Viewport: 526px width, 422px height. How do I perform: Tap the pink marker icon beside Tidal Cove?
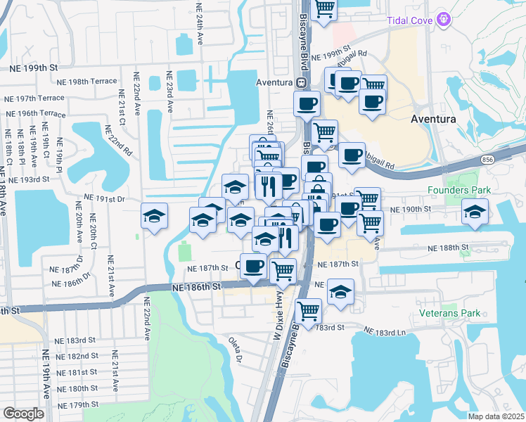click(443, 18)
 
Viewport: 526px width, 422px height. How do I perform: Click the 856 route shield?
click(487, 161)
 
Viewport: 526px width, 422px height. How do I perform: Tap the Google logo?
click(23, 414)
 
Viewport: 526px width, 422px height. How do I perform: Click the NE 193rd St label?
click(30, 180)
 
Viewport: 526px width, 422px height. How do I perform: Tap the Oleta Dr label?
click(235, 349)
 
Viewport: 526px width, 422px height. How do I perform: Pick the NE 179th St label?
click(78, 404)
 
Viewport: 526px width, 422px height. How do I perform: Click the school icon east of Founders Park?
click(475, 212)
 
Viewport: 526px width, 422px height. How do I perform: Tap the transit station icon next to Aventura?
click(300, 82)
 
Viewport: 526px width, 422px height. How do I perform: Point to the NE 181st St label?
click(78, 372)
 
